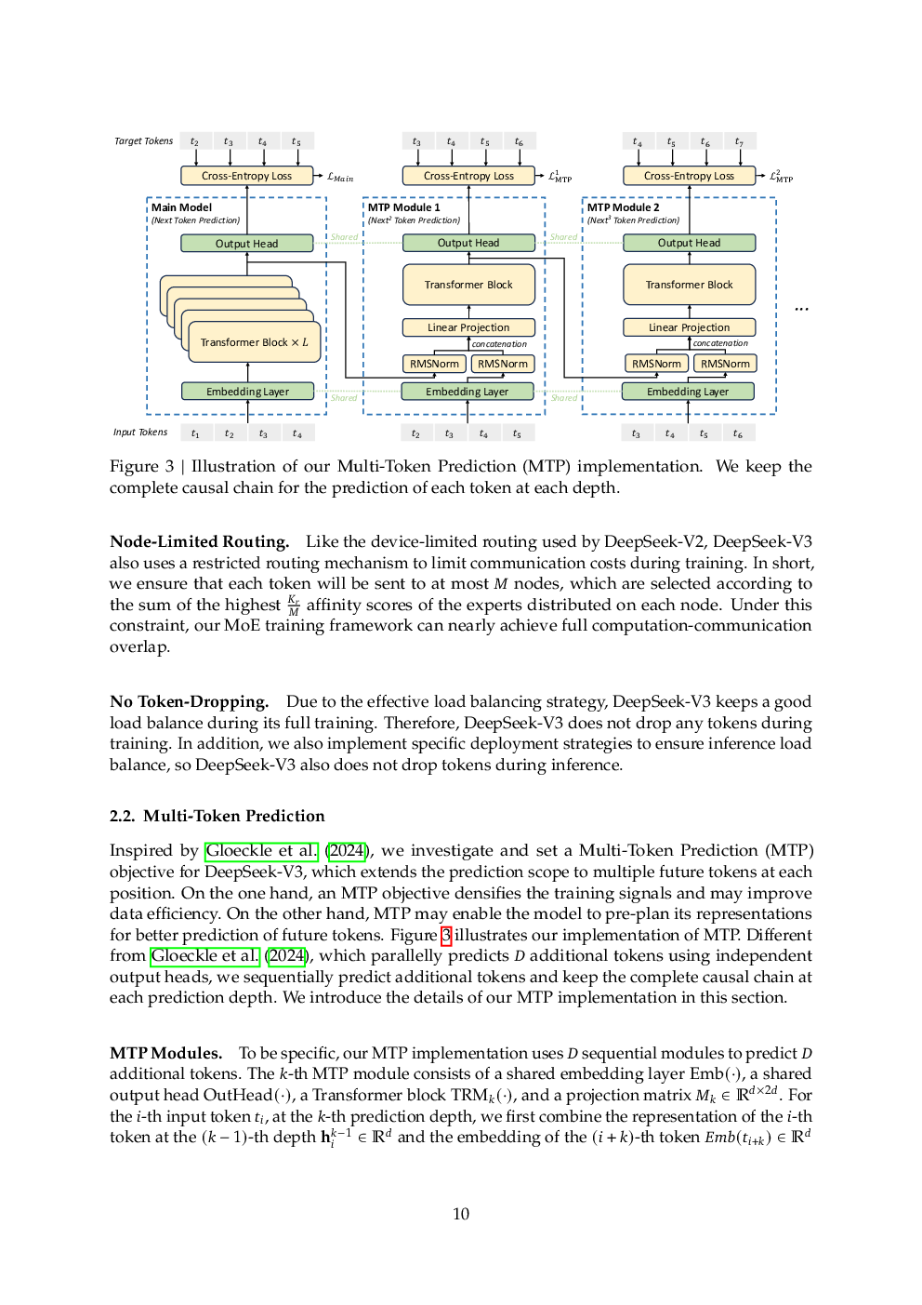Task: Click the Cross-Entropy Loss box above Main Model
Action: (247, 176)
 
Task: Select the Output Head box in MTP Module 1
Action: (468, 243)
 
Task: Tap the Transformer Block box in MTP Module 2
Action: (689, 285)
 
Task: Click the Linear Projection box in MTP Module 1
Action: (468, 327)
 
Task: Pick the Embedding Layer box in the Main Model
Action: (247, 392)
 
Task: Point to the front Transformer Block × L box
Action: (255, 342)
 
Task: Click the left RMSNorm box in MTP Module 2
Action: (656, 364)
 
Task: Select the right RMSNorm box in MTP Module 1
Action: (503, 364)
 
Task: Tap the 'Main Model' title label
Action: (181, 207)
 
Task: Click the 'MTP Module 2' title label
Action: (624, 207)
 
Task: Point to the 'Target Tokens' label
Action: (144, 141)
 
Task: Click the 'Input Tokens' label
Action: (140, 432)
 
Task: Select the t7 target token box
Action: (739, 141)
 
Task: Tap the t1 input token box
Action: (195, 433)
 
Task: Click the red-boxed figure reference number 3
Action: (446, 936)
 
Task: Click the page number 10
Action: (461, 1214)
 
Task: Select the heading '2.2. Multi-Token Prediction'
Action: (217, 816)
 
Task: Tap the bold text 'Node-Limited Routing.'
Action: (200, 541)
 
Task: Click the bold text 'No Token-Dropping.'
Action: (190, 701)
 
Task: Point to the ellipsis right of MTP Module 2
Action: (801, 309)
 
